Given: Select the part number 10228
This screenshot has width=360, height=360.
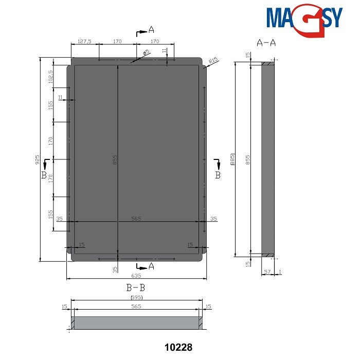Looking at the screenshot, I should pos(178,348).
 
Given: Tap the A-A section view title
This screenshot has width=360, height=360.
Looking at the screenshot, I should pos(267,43).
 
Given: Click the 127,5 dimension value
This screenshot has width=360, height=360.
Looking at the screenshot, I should pos(84,42).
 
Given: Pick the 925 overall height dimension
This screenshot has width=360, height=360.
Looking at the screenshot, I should pos(37,160).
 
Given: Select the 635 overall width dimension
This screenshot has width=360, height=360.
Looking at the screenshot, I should pos(136,275).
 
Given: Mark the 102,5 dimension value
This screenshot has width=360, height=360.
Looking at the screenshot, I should pos(50,77).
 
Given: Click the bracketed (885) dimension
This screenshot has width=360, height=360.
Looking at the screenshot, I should pos(232,159).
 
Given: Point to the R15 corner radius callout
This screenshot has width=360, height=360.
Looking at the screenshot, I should pos(214,61).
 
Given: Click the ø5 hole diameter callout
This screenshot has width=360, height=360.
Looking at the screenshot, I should pos(146,53).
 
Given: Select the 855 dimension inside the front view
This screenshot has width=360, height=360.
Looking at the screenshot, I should pos(115,159).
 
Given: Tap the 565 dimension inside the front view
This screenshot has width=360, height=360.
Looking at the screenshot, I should pos(136,219).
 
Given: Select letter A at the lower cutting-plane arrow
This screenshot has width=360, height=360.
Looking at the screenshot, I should pos(151,266).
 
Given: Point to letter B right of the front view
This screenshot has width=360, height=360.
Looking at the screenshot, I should pos(218,175).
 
